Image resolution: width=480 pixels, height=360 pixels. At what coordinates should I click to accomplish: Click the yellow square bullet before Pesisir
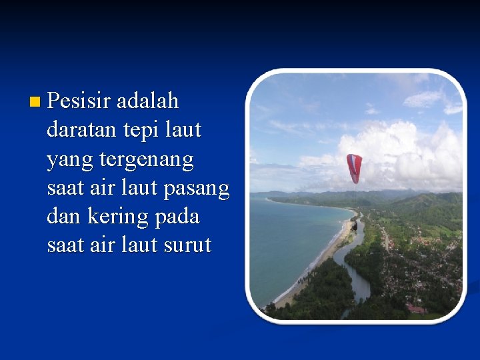click(x=35, y=102)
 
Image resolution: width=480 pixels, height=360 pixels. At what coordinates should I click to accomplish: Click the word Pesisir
click(x=79, y=101)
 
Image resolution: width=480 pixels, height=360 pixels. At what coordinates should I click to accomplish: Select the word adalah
click(x=147, y=101)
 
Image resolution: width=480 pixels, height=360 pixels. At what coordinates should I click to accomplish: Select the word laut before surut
click(x=142, y=245)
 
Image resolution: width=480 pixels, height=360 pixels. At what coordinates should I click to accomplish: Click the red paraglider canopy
click(x=354, y=167)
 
